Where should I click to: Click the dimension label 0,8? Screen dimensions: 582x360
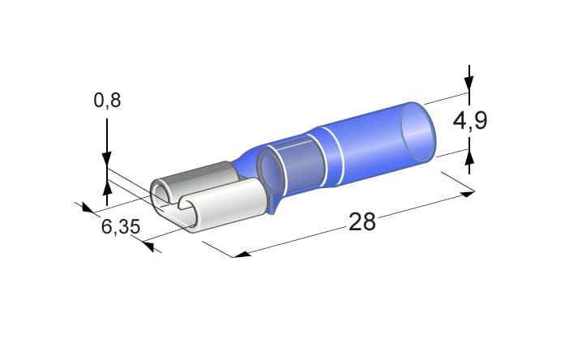point(107,101)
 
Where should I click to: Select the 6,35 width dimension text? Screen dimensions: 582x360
point(121,226)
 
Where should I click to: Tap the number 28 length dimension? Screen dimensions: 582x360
point(362,221)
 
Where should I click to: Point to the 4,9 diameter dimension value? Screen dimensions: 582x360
point(470,120)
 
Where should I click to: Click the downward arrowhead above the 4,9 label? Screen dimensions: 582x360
point(469,84)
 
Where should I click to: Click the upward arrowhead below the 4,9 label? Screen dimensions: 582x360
point(469,157)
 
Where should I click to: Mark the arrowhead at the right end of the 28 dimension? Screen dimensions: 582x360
point(468,194)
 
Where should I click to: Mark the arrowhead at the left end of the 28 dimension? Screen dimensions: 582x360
point(242,255)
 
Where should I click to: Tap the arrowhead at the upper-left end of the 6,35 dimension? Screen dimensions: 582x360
point(88,208)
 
